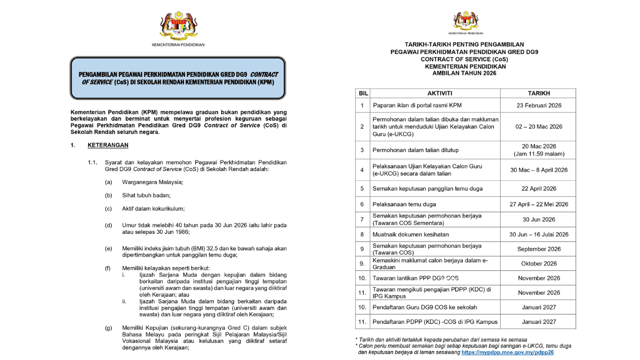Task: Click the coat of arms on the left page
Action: click(x=178, y=26)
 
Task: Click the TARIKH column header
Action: click(x=539, y=93)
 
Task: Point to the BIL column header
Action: click(x=362, y=93)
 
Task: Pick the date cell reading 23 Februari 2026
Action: click(x=539, y=106)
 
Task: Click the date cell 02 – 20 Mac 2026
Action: click(x=539, y=127)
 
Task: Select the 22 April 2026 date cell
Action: click(x=539, y=188)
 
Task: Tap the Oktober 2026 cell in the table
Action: click(x=539, y=263)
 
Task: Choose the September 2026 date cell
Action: click(x=539, y=249)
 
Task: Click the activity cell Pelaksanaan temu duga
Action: click(x=404, y=204)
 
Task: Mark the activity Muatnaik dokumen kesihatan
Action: click(x=411, y=234)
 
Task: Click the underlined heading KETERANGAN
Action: click(x=108, y=145)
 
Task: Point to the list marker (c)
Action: click(x=108, y=209)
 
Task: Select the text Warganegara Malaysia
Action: click(x=152, y=182)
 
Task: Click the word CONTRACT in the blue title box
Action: click(x=264, y=74)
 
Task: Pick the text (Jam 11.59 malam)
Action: click(x=539, y=154)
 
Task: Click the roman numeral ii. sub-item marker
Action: click(x=124, y=302)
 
